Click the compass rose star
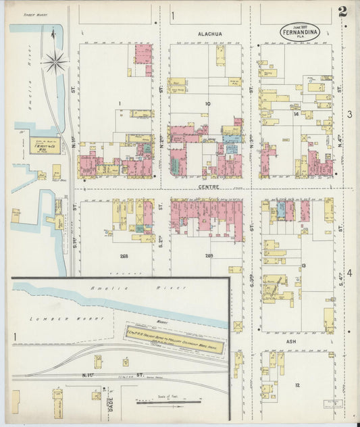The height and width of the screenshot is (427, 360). coord(54,63)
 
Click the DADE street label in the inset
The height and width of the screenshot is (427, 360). coord(111,403)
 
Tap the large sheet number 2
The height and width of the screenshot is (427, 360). coord(343,11)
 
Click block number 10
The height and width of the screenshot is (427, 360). coord(207,104)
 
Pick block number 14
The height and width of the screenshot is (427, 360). coord(296,114)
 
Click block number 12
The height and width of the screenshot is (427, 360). coord(297,384)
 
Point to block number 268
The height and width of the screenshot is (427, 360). coord(124,256)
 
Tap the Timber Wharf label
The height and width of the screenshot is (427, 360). coord(33,14)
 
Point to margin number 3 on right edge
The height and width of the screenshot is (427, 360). coord(349,115)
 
